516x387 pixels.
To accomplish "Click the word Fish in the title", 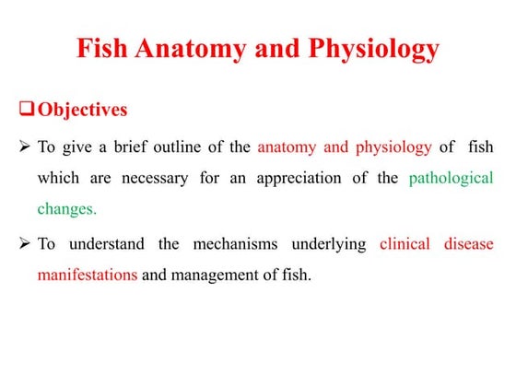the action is [x=102, y=48].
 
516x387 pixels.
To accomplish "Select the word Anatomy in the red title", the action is [x=191, y=50].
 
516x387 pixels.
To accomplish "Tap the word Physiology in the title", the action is [x=374, y=50].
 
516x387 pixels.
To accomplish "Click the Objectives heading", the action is [x=83, y=110].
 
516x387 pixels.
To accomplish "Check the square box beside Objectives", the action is [x=27, y=109].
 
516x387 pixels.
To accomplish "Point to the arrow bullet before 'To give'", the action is [x=25, y=146].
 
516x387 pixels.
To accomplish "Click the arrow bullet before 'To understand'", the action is [x=25, y=243].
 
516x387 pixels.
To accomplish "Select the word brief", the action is [x=131, y=147].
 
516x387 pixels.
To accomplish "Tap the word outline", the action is [x=177, y=147].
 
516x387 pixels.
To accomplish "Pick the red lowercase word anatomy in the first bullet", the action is [x=287, y=147].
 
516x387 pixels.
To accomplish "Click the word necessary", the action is [x=155, y=179].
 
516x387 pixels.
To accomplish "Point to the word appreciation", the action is [x=299, y=179].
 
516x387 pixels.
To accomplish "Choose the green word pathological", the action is [x=451, y=179].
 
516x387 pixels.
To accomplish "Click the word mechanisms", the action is [x=235, y=244].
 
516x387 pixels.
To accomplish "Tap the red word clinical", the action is [x=405, y=244].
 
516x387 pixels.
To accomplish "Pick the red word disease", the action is [x=469, y=244].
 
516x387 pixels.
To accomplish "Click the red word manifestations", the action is [x=88, y=275].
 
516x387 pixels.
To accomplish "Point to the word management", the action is [x=215, y=276].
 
